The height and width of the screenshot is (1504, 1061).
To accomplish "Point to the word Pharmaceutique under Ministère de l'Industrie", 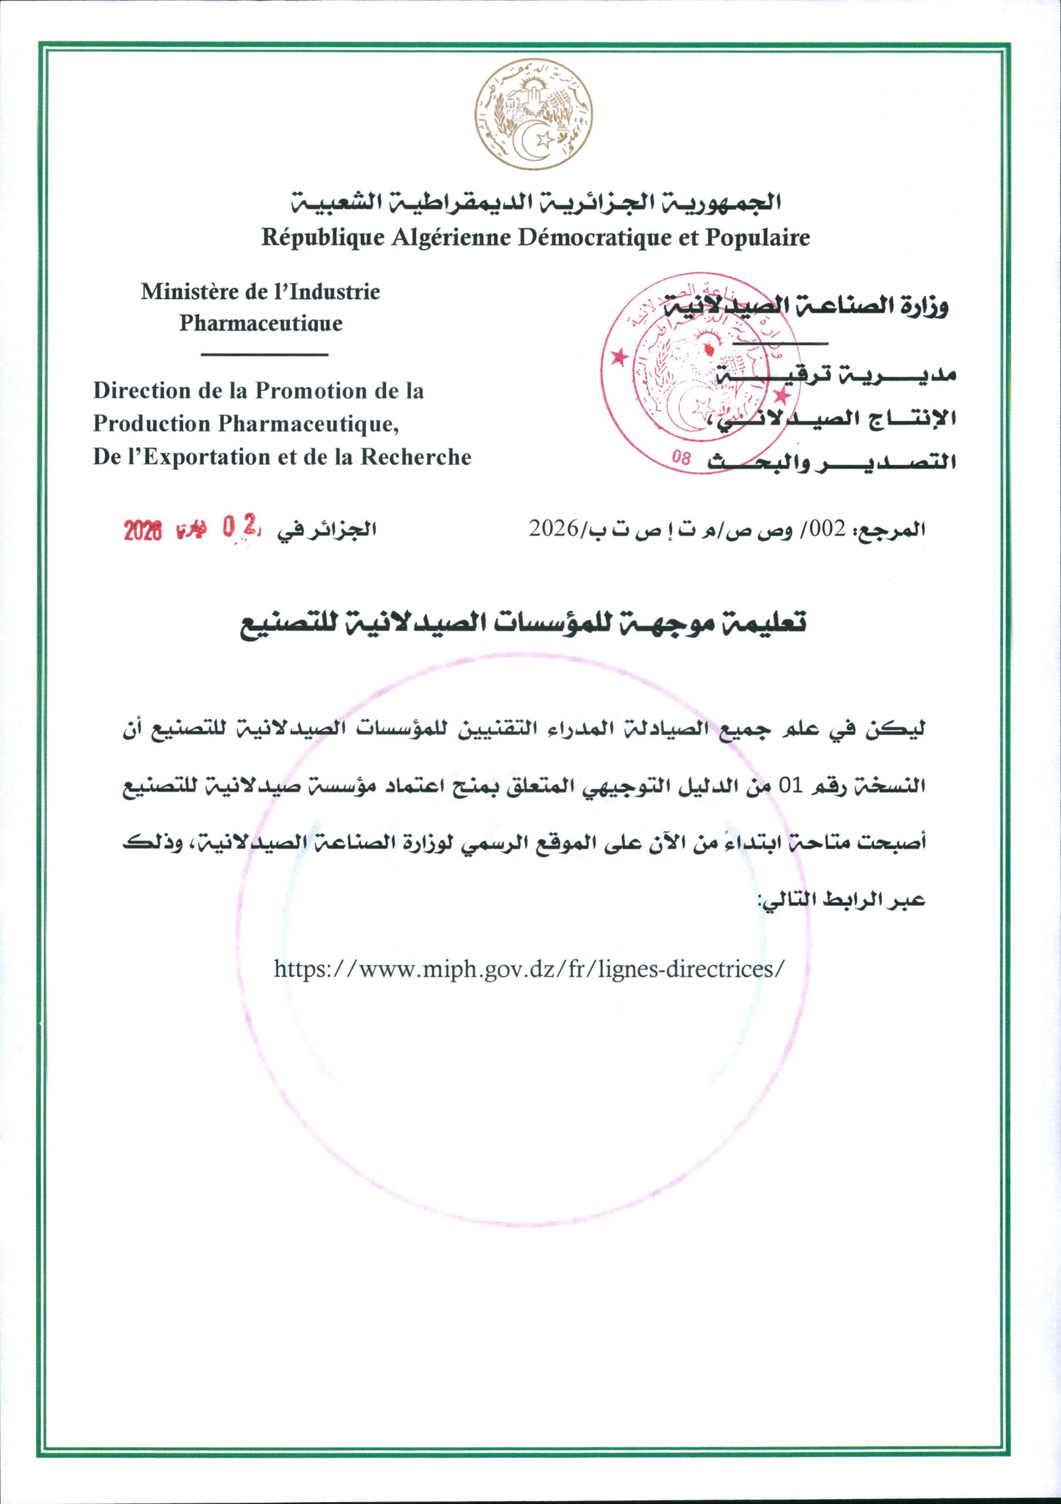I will (x=261, y=324).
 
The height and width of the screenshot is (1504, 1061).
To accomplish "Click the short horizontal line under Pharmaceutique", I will (x=264, y=355).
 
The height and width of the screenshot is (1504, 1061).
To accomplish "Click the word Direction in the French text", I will (x=137, y=391).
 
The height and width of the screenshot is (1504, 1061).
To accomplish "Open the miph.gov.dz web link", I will (x=528, y=968).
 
